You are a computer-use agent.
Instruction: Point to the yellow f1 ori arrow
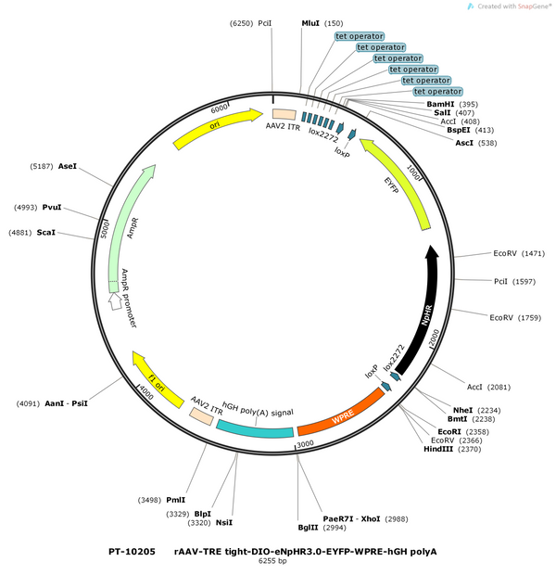[157, 379]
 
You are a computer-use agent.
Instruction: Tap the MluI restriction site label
[310, 23]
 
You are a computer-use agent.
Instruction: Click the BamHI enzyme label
[440, 104]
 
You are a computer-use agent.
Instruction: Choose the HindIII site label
[438, 449]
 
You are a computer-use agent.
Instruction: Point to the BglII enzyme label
[308, 528]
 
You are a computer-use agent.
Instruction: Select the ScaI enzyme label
[46, 233]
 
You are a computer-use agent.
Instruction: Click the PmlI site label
[176, 500]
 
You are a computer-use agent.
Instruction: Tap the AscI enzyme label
[464, 143]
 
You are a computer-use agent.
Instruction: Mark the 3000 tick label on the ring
[305, 444]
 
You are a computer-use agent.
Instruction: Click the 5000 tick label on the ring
[105, 229]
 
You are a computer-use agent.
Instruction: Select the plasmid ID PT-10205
[132, 552]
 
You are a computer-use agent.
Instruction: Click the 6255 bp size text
[272, 561]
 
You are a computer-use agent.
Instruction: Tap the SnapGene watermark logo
[471, 6]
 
